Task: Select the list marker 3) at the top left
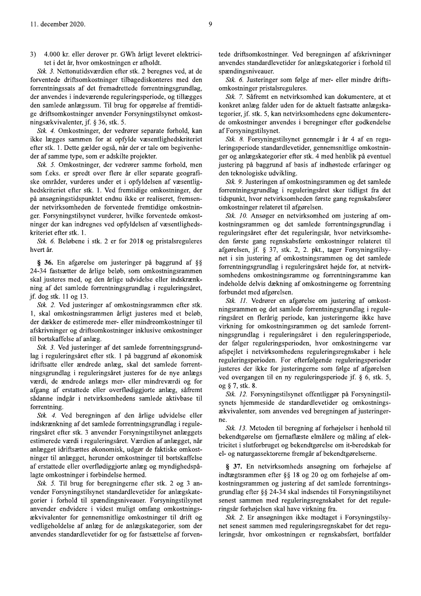(x=33, y=54)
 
